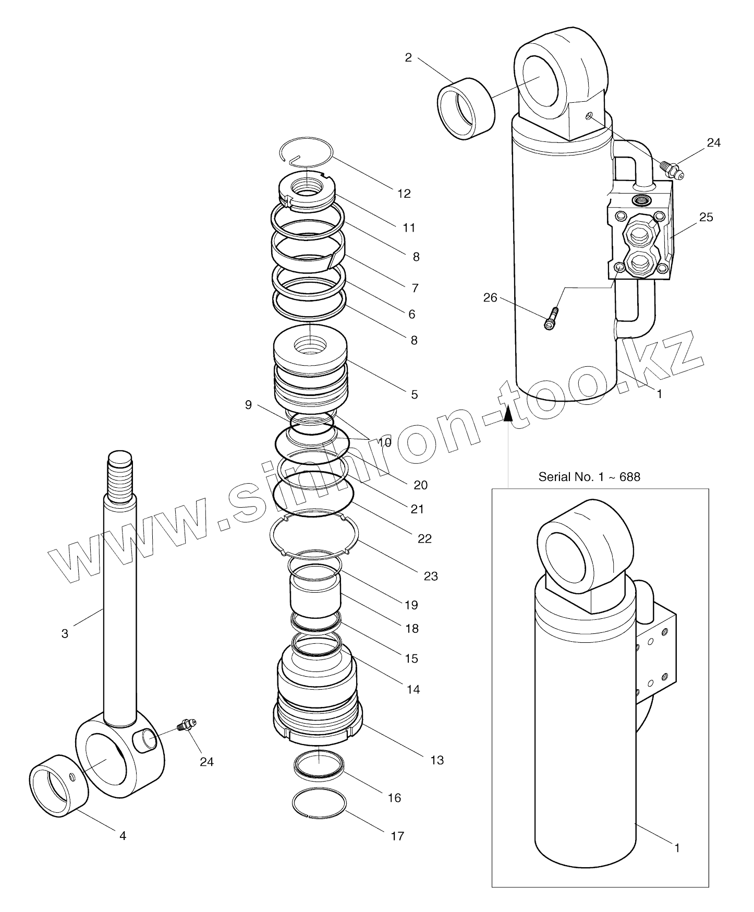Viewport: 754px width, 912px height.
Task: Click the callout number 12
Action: (x=404, y=194)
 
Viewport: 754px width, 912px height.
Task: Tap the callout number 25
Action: (x=706, y=217)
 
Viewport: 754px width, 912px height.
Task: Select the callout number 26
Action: (x=490, y=298)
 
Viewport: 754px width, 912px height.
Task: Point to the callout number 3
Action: (x=65, y=634)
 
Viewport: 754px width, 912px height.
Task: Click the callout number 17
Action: (x=397, y=836)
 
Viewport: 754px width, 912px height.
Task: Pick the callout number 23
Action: (x=431, y=576)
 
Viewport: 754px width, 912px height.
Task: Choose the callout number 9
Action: (x=248, y=405)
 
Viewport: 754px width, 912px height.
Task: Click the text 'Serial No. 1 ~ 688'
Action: (x=589, y=476)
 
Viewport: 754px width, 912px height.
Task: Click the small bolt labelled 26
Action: (x=552, y=319)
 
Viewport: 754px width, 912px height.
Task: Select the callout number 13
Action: (x=437, y=760)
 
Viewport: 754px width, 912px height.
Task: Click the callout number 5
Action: (x=414, y=394)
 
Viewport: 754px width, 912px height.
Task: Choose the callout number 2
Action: (x=408, y=58)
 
